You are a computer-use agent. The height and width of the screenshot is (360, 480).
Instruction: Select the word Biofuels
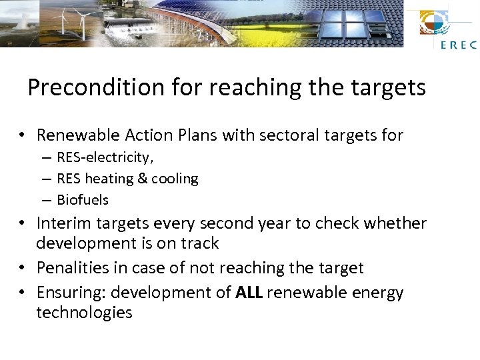coord(83,200)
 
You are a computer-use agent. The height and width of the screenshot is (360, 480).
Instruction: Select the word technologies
coord(85,313)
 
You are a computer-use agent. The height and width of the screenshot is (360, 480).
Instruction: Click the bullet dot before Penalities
coord(23,268)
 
